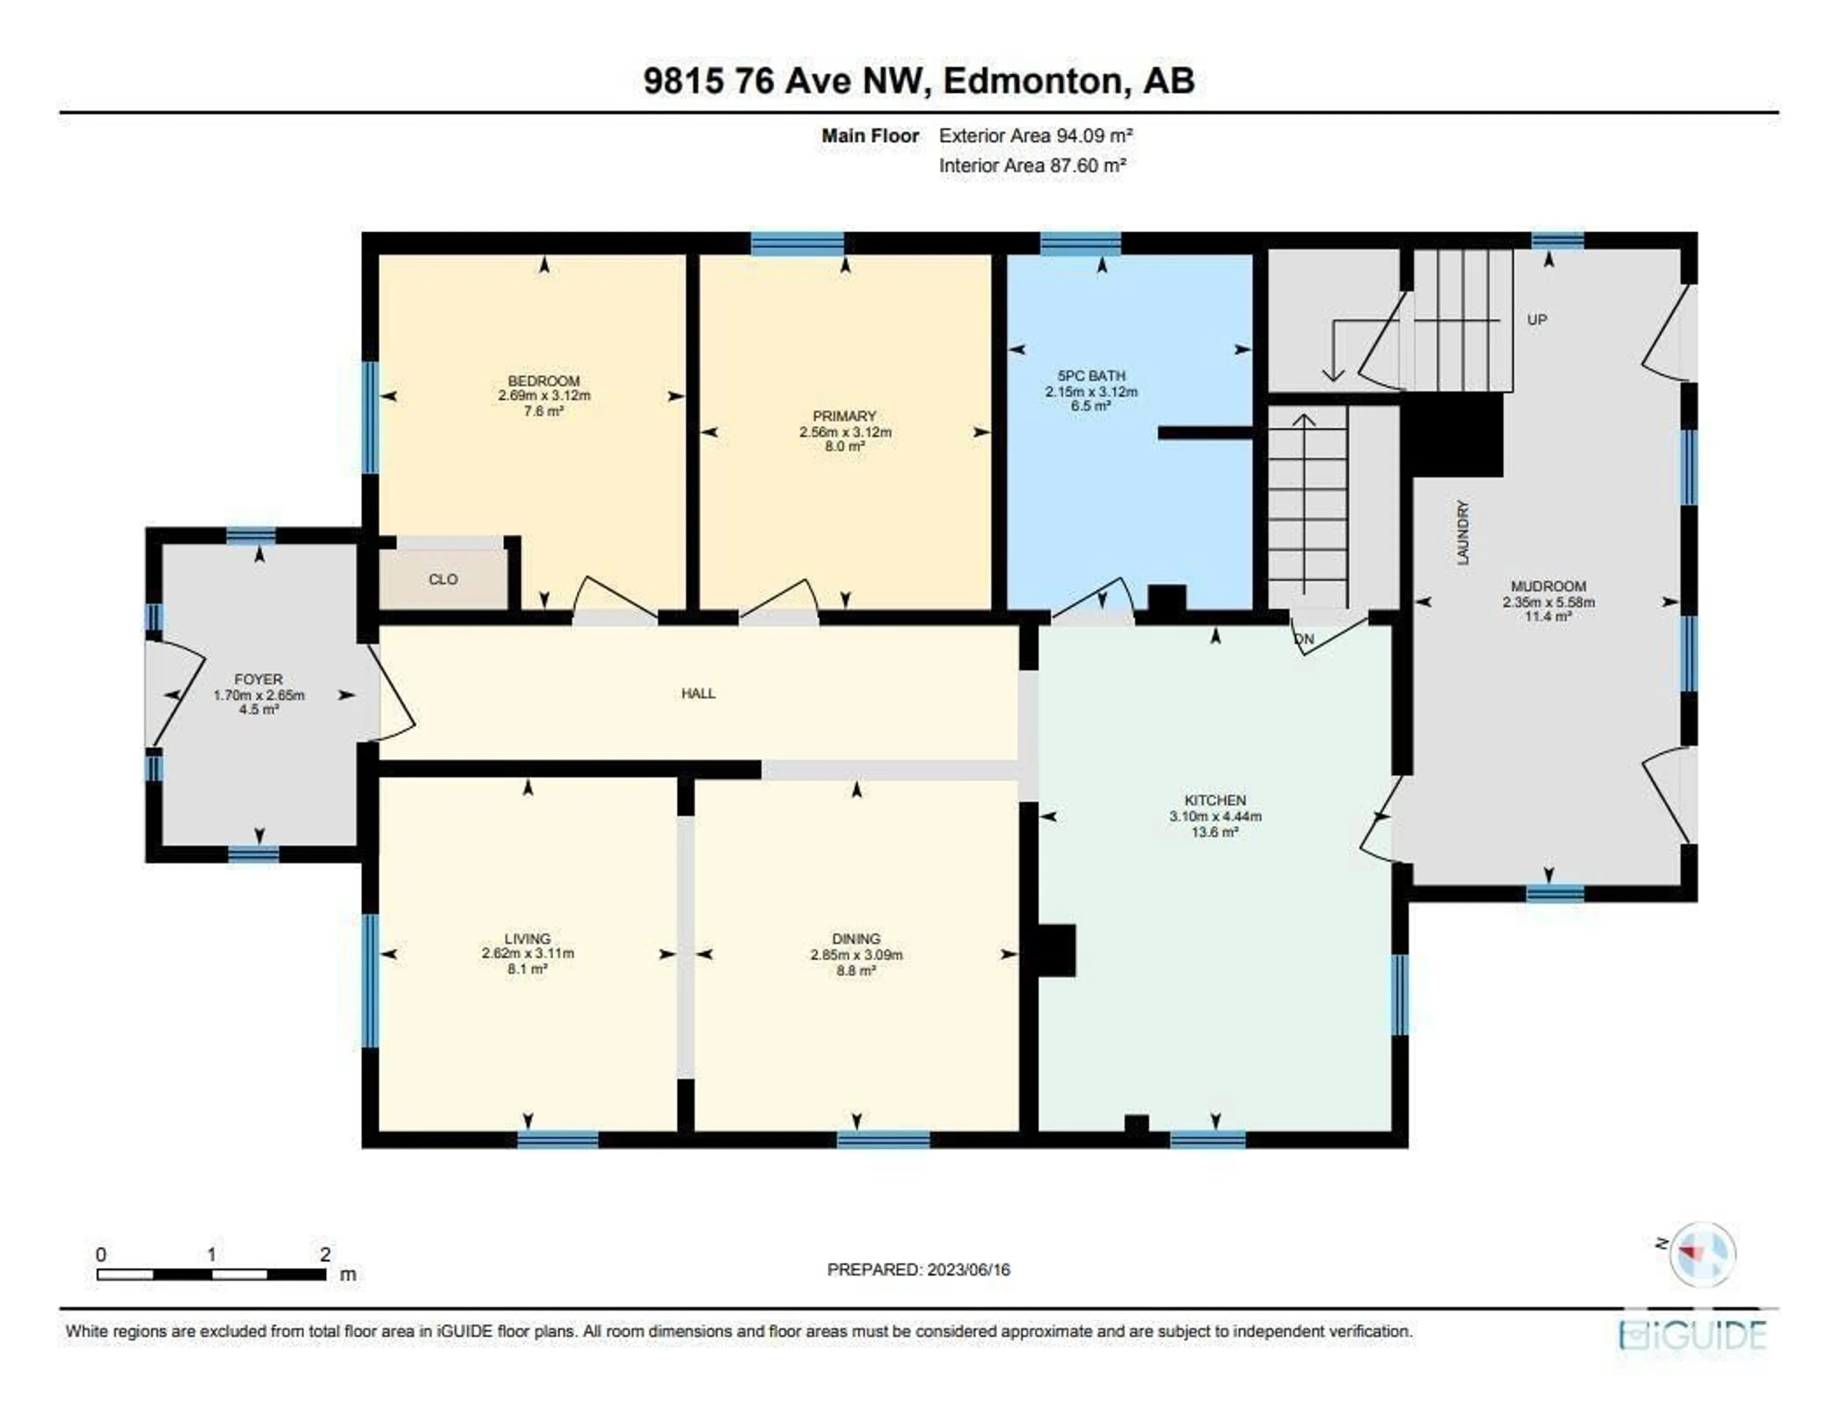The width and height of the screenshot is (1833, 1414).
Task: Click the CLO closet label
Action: [443, 579]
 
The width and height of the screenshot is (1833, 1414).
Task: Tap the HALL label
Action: [698, 693]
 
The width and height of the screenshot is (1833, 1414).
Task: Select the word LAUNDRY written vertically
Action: [1463, 533]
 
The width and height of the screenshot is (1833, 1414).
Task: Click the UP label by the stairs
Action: [1537, 320]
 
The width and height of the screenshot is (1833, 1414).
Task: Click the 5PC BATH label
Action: [1091, 376]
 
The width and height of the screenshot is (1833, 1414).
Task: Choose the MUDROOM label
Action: [1549, 587]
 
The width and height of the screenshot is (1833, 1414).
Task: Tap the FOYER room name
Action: [259, 679]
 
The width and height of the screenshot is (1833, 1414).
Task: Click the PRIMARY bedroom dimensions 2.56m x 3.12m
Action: [845, 432]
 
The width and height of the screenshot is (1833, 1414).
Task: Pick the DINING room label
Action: [856, 939]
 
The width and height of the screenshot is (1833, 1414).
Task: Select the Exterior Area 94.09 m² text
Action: [1036, 135]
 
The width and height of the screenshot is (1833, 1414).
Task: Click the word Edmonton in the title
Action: [1032, 81]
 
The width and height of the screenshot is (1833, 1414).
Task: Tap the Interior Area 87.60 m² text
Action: [1032, 165]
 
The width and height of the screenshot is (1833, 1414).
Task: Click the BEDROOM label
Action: [544, 381]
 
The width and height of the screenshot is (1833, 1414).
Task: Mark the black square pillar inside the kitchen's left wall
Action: [1057, 950]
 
